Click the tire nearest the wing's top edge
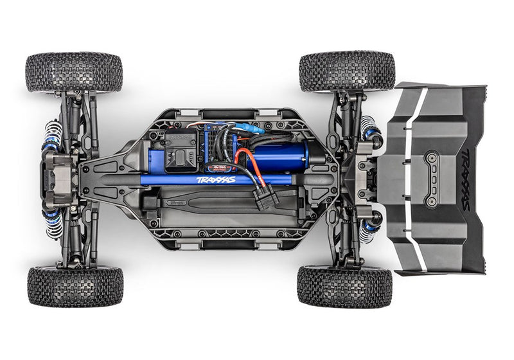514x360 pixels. pyautogui.click(x=347, y=72)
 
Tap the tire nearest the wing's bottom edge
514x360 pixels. pyautogui.click(x=344, y=287)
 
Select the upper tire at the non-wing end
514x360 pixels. pyautogui.click(x=74, y=72)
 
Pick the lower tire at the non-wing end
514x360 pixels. pyautogui.click(x=75, y=286)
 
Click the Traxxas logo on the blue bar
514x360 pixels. pyautogui.click(x=216, y=180)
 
